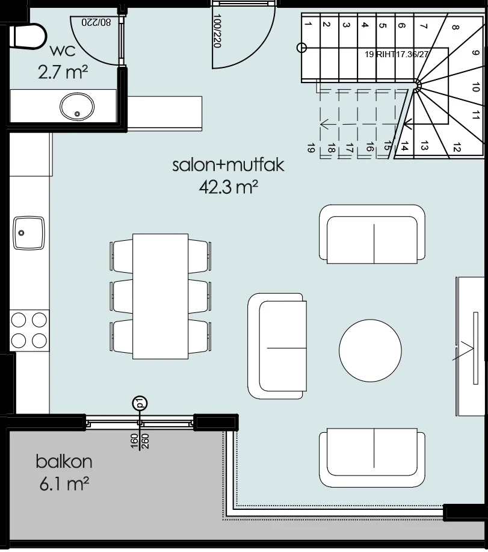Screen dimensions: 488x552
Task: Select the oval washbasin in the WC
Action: point(77,106)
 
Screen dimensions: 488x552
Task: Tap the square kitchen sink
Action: point(29,233)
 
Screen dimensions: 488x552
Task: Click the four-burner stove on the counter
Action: point(29,330)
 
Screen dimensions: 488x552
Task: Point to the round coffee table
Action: point(370,350)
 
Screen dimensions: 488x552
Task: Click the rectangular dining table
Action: point(161,296)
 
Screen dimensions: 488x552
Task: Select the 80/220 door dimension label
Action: point(96,22)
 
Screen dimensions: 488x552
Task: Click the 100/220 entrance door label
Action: point(217,31)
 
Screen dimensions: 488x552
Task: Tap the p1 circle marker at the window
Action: point(140,403)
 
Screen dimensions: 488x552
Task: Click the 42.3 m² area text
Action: point(229,187)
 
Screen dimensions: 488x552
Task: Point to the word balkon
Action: point(64,462)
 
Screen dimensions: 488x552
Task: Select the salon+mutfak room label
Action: point(228,165)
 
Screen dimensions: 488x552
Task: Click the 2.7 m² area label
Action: point(63,72)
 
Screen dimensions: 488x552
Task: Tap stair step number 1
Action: point(308,24)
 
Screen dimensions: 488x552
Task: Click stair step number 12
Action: point(457,148)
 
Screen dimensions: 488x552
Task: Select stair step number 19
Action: point(310,148)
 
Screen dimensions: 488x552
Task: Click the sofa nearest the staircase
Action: point(372,234)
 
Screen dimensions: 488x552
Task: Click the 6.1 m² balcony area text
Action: point(64,484)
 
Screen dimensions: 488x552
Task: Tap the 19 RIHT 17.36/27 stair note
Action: point(397,54)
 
